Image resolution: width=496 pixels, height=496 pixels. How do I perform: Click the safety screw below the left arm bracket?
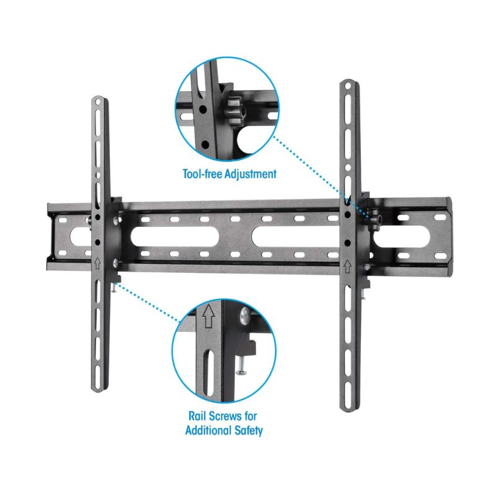[x=116, y=286]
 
